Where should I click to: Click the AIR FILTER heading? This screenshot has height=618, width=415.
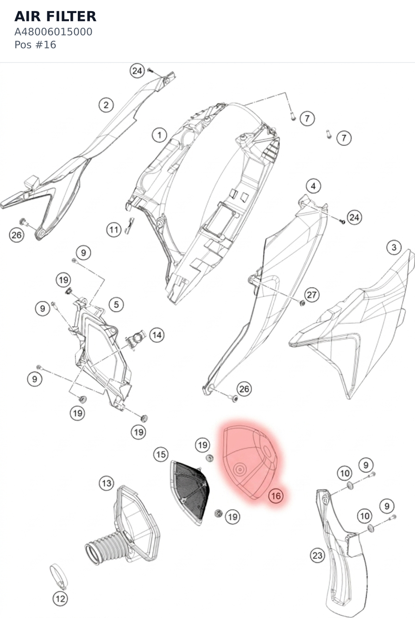[x=55, y=16]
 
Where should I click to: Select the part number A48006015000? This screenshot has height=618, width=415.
[x=53, y=32]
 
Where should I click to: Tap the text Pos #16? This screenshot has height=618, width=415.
[x=35, y=45]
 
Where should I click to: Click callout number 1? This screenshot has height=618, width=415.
[x=159, y=135]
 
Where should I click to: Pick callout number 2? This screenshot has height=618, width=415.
[x=107, y=105]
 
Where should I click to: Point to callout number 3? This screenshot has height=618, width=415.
[x=394, y=247]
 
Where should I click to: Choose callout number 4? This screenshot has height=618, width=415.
[x=314, y=186]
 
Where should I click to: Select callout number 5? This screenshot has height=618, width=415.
[x=116, y=305]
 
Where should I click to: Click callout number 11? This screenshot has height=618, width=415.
[x=114, y=230]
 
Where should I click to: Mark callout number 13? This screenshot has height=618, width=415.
[x=107, y=483]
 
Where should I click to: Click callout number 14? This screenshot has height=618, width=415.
[x=157, y=335]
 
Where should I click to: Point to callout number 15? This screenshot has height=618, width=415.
[x=161, y=455]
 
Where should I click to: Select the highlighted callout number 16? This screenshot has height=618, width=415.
[x=276, y=496]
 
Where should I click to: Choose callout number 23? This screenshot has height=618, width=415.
[x=318, y=555]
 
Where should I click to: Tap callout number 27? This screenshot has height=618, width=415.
[x=312, y=295]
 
